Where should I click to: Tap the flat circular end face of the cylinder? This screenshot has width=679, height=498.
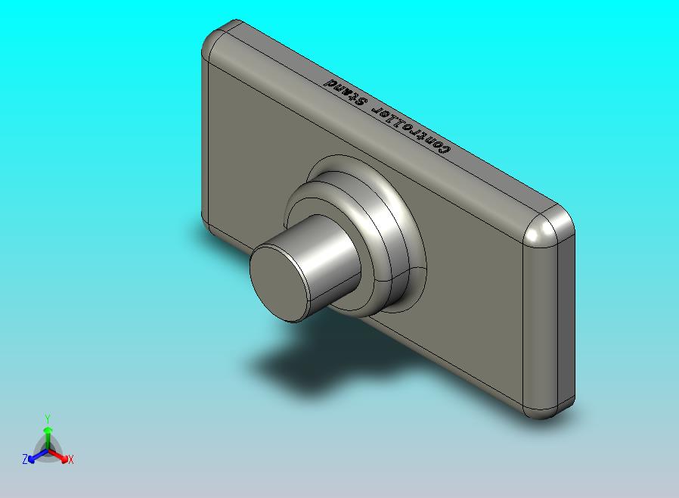(279, 282)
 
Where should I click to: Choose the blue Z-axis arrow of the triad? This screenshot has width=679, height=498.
(34, 456)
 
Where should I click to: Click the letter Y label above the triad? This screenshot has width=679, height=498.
(48, 419)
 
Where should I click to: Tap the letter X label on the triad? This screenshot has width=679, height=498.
(70, 459)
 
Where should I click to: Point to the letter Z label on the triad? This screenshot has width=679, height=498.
(24, 459)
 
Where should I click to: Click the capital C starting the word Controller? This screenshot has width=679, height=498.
(445, 149)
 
